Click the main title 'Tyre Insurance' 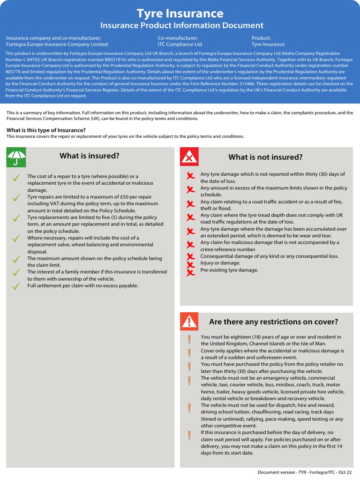[180, 13]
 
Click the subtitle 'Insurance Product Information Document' [182, 25]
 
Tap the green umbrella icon [16, 157]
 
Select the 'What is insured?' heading [90, 156]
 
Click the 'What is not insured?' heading [265, 157]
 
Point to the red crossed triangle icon [189, 157]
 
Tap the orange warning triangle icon [189, 321]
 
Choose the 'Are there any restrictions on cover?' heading [273, 322]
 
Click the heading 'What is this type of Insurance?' [46, 130]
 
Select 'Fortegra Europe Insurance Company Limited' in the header [57, 45]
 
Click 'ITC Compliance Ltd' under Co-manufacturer [180, 45]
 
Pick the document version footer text [304, 472]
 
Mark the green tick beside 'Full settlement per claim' [16, 286]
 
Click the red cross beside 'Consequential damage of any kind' [190, 257]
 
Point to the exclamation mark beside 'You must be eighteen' [189, 339]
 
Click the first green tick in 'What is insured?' [16, 178]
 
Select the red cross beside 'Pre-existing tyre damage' [190, 272]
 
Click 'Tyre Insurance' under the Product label [268, 45]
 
